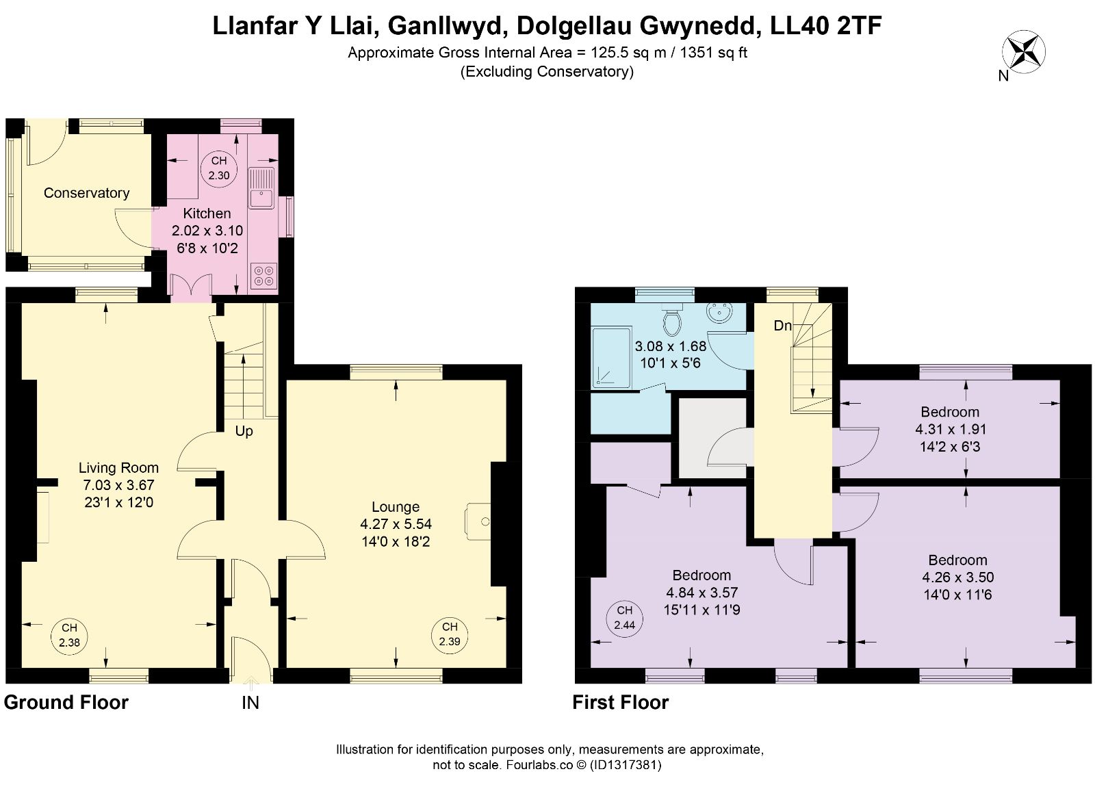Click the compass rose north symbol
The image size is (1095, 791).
point(1024,52)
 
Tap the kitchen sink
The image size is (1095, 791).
point(261,188)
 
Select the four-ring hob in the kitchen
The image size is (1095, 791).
point(263,276)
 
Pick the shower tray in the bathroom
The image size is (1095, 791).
point(611,359)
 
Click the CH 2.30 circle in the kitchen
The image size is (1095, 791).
point(219,168)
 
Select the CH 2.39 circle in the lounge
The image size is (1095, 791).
point(450,634)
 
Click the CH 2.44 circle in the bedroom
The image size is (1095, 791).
point(624,618)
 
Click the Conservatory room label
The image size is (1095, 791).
point(86,193)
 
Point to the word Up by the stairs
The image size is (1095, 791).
point(244,431)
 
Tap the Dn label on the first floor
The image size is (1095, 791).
point(783,326)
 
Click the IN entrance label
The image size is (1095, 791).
point(250,703)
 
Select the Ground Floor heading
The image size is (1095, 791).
point(66,703)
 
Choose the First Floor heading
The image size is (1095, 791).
point(620,703)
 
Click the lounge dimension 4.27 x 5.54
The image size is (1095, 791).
point(396,524)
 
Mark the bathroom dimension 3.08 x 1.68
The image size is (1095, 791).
point(671,346)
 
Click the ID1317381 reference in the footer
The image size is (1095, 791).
point(626,764)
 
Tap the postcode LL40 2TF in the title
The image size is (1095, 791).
point(825,25)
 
